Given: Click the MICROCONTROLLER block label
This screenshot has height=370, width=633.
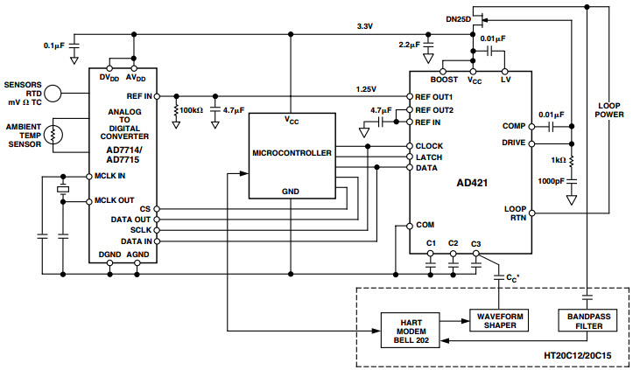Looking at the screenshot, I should [292, 152].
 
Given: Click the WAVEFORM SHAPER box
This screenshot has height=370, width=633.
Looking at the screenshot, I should [500, 319].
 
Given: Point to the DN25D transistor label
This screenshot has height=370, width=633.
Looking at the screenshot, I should [457, 17].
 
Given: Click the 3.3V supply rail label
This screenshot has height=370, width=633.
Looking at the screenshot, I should [364, 27].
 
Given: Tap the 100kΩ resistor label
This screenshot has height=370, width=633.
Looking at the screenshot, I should [189, 111].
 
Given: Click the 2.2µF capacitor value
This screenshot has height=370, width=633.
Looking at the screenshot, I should [409, 43].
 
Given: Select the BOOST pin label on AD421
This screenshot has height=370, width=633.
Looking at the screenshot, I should [445, 79].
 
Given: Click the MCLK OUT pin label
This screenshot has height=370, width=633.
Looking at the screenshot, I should [116, 201].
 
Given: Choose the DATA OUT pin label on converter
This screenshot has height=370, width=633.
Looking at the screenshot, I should [131, 220].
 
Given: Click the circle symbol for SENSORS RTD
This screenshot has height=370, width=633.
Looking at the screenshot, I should [54, 91].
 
